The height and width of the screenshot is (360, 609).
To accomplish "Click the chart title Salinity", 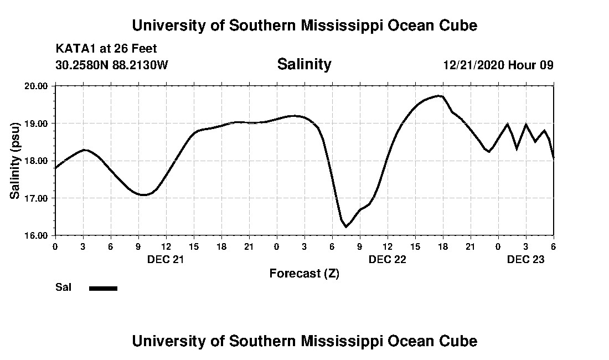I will point(304,64).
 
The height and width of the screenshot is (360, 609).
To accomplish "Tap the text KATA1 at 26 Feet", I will point(106,49).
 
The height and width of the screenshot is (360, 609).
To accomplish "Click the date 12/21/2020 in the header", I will point(473,65).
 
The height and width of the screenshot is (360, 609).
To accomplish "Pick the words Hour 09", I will point(531,65).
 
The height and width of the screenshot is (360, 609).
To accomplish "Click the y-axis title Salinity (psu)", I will point(15,161).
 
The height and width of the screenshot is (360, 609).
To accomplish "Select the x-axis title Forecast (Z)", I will point(304,273).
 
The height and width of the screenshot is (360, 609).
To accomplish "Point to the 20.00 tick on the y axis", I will point(37,86).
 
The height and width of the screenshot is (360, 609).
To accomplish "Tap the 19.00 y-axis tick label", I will point(37,123).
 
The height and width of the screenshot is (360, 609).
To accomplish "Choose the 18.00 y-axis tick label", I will point(37,161).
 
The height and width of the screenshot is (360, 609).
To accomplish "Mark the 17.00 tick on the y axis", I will point(37,198).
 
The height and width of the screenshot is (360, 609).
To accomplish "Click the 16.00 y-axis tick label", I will point(37,235).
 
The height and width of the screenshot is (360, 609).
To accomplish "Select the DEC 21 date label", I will point(166,259).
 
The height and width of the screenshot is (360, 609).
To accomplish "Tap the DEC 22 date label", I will point(387,259).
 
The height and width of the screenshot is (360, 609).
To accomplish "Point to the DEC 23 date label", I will point(525,259).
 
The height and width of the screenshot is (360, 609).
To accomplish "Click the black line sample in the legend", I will point(103,288).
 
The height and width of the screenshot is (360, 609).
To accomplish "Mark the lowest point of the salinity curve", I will point(346,227).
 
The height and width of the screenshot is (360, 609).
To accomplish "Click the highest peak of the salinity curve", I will point(440,96).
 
